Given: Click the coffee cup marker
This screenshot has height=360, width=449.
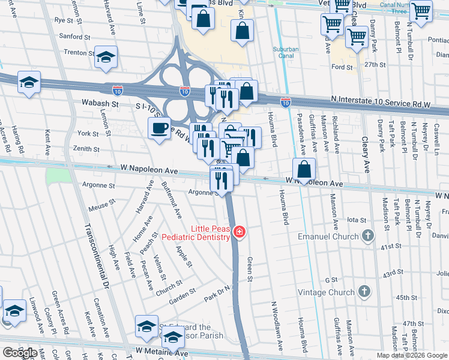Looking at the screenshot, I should [x=159, y=128].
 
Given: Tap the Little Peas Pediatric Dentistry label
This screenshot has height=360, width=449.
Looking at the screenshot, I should [x=211, y=233].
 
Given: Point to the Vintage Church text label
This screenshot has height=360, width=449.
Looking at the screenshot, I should [x=327, y=292].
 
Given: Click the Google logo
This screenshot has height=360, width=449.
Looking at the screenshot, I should [x=19, y=353].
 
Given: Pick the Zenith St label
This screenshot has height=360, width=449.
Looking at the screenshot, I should [x=87, y=149].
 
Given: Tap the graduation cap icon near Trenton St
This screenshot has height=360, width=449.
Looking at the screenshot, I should [x=106, y=57].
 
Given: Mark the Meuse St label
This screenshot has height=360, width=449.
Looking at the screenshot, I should [x=101, y=205].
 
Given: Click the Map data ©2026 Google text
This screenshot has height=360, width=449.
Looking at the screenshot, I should [x=412, y=355].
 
